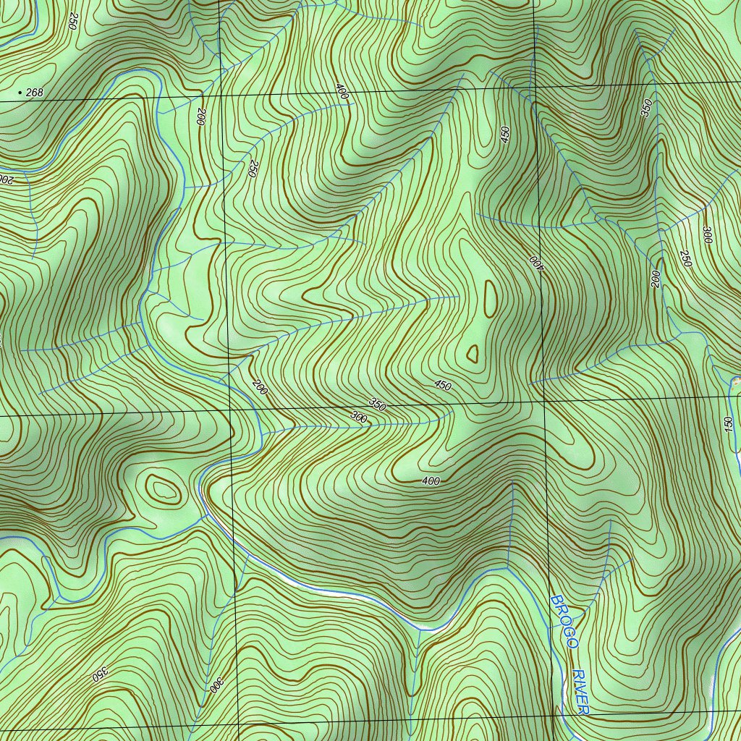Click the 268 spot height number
(x=34, y=92)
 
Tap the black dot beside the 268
(x=19, y=93)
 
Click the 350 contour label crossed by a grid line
(x=377, y=405)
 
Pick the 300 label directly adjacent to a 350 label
(x=358, y=418)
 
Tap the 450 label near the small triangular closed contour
(x=443, y=384)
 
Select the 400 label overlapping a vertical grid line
(x=536, y=261)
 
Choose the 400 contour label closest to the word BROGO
(x=431, y=480)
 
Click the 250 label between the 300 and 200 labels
(x=685, y=258)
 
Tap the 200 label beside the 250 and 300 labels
(x=656, y=279)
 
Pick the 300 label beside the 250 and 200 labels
(x=707, y=235)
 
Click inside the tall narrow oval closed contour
(x=490, y=297)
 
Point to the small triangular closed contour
(x=473, y=353)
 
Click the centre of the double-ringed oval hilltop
(x=163, y=491)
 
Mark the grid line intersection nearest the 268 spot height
(x=221, y=96)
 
